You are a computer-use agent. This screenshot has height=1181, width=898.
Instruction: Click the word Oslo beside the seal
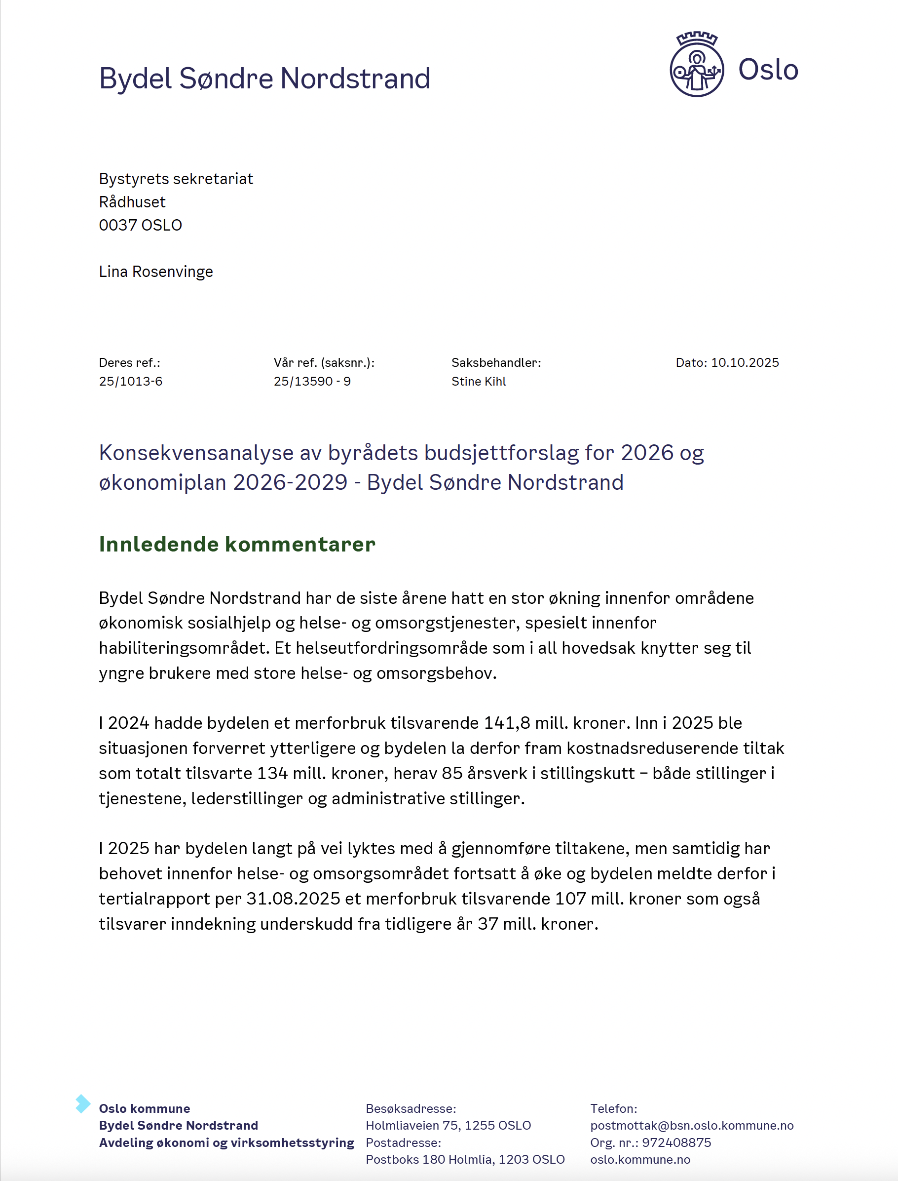768,70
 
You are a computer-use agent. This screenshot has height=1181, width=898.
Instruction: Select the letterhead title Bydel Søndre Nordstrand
264,79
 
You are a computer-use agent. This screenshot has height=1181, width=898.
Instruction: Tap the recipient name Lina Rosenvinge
155,272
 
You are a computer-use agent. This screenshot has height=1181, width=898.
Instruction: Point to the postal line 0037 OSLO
140,225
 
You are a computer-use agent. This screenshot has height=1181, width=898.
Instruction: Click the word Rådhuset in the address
132,202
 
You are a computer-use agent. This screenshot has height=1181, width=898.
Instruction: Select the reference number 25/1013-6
130,381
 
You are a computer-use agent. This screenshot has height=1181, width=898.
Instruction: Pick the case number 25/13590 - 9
312,381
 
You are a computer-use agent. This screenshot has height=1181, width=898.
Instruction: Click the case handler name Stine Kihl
479,381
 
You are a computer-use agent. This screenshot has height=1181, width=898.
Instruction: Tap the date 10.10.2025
745,362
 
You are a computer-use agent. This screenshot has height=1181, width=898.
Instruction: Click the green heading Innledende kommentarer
237,545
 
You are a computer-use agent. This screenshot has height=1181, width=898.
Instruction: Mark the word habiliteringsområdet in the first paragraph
185,648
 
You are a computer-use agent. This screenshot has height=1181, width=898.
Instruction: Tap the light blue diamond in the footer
82,1103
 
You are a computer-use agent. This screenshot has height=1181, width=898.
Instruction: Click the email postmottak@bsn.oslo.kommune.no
692,1125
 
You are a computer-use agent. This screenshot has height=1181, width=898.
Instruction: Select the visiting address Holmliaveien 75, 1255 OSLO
448,1125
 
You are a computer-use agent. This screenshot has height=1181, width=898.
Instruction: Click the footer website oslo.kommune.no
640,1160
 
